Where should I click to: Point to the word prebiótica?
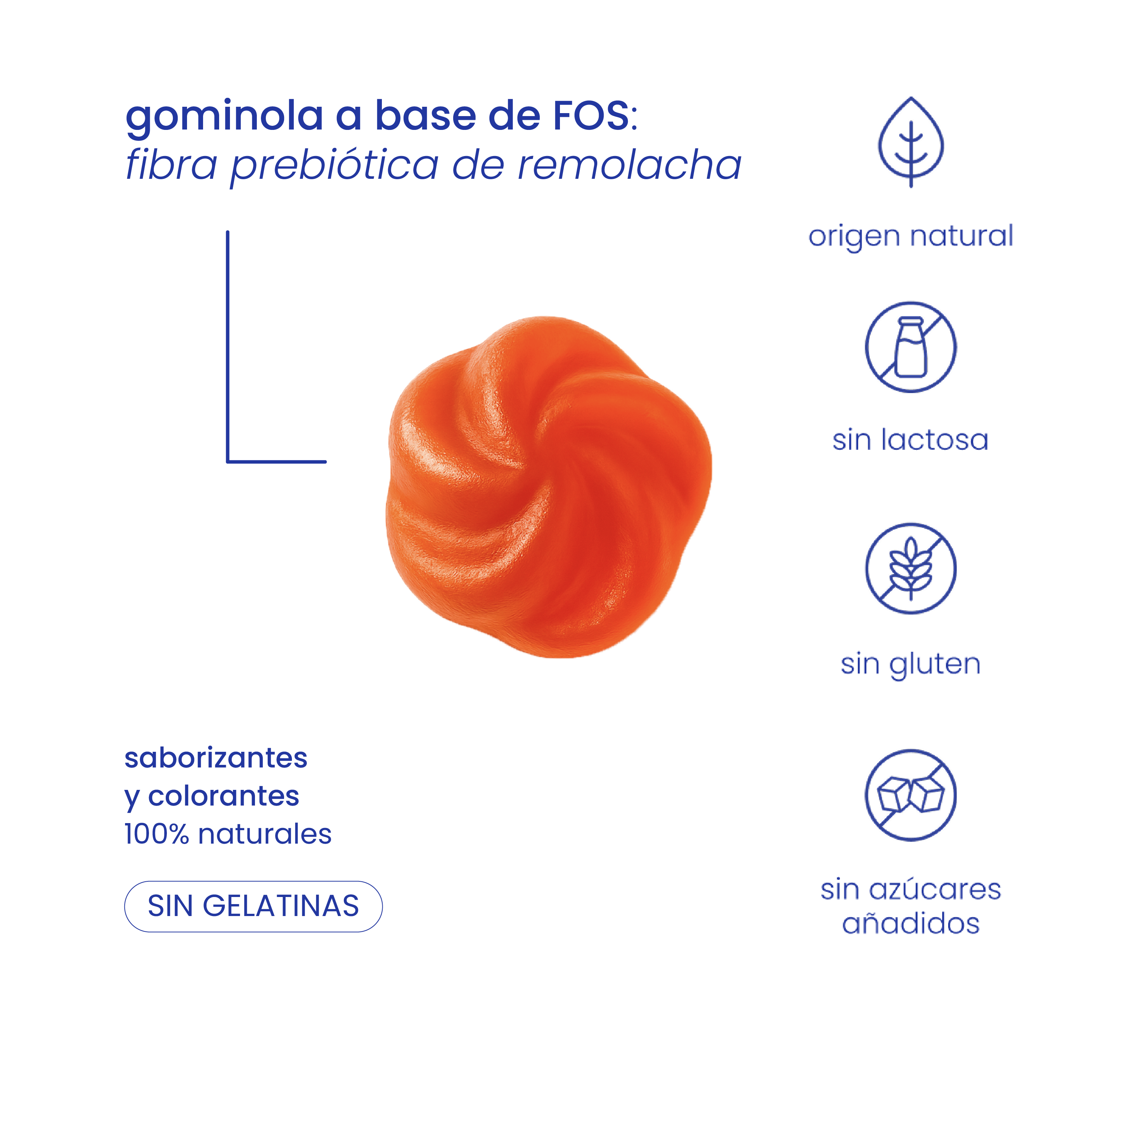click(x=334, y=166)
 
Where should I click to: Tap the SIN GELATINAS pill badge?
click(x=253, y=906)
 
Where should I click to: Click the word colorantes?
click(x=224, y=796)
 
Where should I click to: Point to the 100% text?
click(x=156, y=835)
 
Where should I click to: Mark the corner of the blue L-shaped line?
click(x=228, y=461)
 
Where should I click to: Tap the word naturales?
click(x=264, y=835)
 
